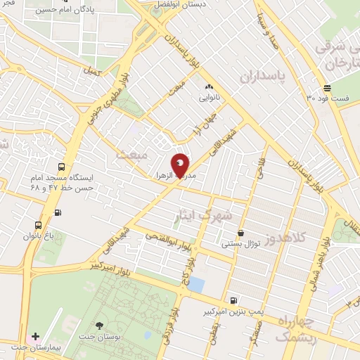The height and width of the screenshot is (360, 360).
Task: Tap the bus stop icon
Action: (x=63, y=167)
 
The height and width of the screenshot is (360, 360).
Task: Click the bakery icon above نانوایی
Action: (x=208, y=86)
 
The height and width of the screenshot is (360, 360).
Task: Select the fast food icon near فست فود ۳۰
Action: (x=328, y=88)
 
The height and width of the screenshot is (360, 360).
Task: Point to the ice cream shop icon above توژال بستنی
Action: (x=241, y=233)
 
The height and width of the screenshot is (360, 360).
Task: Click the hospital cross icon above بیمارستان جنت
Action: (x=35, y=337)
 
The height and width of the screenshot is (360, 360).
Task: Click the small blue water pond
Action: (x=196, y=285)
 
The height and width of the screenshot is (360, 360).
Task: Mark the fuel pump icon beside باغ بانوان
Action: (x=58, y=212)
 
